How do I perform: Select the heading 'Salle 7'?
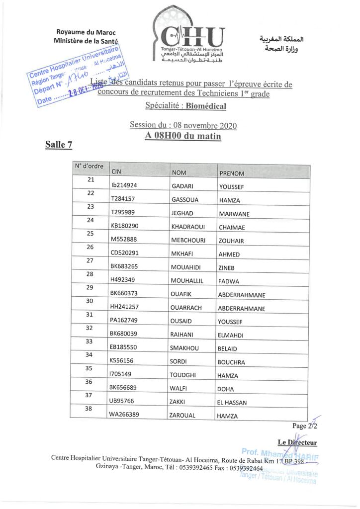tap(59, 145)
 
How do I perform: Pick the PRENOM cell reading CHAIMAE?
tap(232, 228)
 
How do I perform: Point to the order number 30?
tap(90, 301)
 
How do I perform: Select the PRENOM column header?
tap(231, 173)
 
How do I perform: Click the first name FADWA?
tap(229, 281)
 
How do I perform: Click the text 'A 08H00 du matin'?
tap(183, 136)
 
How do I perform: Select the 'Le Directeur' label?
tap(297, 442)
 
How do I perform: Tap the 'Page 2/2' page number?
tap(305, 426)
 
